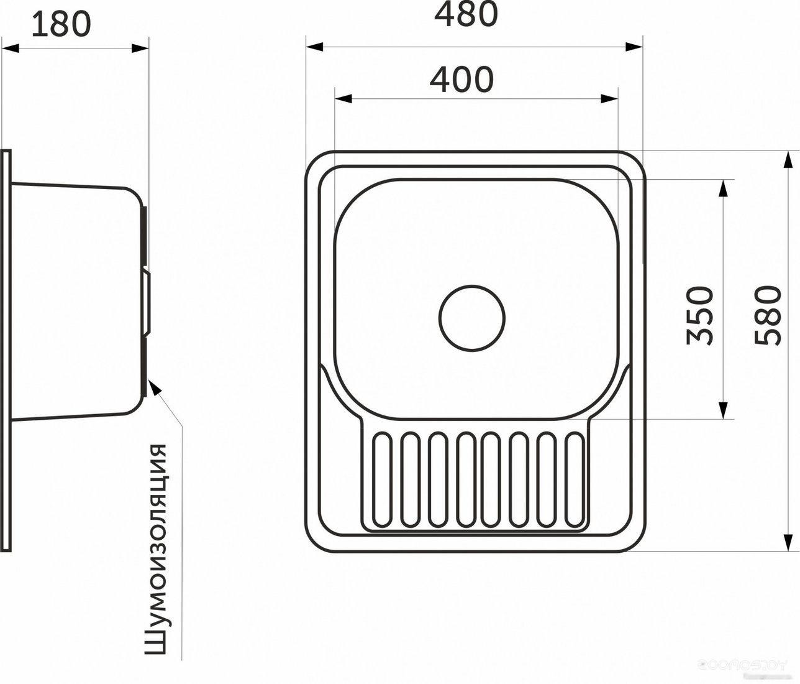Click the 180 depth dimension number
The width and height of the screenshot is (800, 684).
click(61, 24)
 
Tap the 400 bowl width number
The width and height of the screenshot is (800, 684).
click(461, 80)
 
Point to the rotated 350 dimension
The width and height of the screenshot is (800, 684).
click(699, 316)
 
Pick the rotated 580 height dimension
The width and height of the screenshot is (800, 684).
click(768, 315)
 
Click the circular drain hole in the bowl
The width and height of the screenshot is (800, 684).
click(472, 318)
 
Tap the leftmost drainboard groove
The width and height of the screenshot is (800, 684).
click(382, 480)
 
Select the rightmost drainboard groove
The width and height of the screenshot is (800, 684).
click(575, 480)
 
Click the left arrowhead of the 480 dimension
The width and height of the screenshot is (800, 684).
click(314, 47)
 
